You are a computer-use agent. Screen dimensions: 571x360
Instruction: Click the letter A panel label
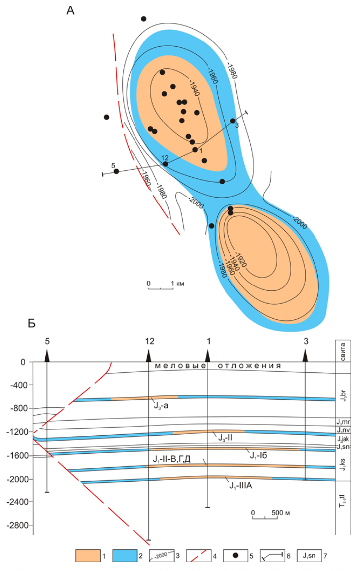tap(70, 11)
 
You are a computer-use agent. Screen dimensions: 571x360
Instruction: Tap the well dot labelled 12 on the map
tap(165, 164)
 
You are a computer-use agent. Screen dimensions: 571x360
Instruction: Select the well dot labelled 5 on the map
tap(116, 171)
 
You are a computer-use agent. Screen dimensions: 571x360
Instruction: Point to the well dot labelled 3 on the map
tap(233, 121)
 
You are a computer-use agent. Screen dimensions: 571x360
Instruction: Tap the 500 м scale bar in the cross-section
tap(265, 517)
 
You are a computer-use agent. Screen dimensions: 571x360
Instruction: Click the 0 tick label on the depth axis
tap(23, 362)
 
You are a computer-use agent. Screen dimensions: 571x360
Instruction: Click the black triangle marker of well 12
tap(149, 356)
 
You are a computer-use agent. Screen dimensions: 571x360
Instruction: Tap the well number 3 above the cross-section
tap(306, 341)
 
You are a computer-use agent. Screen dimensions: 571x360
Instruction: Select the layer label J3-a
tap(161, 405)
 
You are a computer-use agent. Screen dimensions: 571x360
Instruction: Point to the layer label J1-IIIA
tap(241, 486)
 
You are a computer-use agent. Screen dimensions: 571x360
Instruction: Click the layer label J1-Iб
tap(258, 456)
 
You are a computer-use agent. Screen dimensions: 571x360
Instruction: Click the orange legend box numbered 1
tap(88, 556)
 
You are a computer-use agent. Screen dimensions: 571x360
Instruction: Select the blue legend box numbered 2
tap(125, 556)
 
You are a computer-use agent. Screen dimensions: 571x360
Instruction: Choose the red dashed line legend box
tap(199, 556)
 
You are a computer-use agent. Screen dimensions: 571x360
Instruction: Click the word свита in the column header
tap(343, 351)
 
